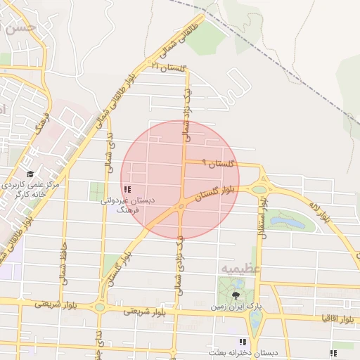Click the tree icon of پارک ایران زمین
(234, 295)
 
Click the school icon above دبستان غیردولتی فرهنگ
(127, 189)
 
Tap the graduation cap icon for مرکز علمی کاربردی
(30, 174)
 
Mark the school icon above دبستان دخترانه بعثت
(243, 342)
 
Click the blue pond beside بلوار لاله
(288, 221)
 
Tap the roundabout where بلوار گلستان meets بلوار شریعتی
(100, 307)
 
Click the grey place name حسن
(19, 28)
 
